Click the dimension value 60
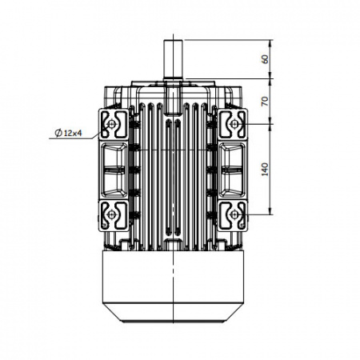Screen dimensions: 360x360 [265, 59]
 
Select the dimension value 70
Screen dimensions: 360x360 [265, 102]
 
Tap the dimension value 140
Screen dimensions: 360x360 [265, 170]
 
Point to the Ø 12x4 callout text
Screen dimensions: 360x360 [68, 133]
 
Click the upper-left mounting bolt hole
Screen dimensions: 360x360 [111, 124]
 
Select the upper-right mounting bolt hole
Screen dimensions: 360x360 [234, 124]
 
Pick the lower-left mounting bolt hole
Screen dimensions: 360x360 [111, 214]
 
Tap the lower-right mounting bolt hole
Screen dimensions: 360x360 [234, 214]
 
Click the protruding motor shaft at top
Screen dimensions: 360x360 [173, 59]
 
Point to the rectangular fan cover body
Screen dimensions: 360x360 [173, 278]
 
